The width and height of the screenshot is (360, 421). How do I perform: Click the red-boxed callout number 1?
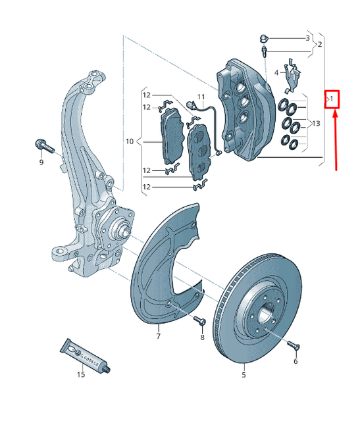[332, 99]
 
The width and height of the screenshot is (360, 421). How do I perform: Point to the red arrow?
[336, 138]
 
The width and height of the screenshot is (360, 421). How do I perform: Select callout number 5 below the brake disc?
[243, 376]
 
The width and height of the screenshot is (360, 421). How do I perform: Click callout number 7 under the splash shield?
[158, 336]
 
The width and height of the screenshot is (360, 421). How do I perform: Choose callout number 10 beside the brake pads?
[130, 141]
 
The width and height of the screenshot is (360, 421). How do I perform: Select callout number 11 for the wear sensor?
[201, 97]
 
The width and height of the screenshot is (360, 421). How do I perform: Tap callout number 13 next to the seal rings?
[317, 124]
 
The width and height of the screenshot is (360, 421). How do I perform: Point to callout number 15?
[80, 375]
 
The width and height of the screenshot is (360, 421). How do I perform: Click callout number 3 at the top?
[307, 39]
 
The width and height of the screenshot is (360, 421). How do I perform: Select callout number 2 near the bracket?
[319, 45]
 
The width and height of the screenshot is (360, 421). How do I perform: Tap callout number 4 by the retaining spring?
[276, 72]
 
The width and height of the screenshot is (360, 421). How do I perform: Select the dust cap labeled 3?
[264, 37]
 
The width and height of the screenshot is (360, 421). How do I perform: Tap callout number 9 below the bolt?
[41, 162]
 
